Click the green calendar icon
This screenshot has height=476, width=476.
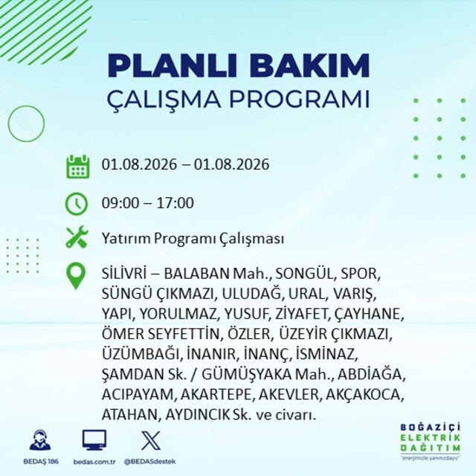click(77, 167)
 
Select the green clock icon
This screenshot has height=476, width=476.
click(77, 203)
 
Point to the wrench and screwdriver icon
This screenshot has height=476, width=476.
click(77, 237)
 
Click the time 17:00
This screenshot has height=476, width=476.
click(175, 203)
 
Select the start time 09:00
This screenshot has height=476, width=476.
click(120, 203)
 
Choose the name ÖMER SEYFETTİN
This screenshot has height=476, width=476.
click(161, 334)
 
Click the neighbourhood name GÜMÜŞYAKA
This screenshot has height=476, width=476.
click(246, 374)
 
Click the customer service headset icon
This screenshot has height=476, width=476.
click(40, 440)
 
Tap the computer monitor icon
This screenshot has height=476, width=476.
click(94, 440)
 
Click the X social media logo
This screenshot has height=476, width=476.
click(151, 440)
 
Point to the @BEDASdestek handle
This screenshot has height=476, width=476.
click(149, 461)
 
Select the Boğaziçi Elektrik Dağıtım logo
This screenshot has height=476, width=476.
click(430, 441)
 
